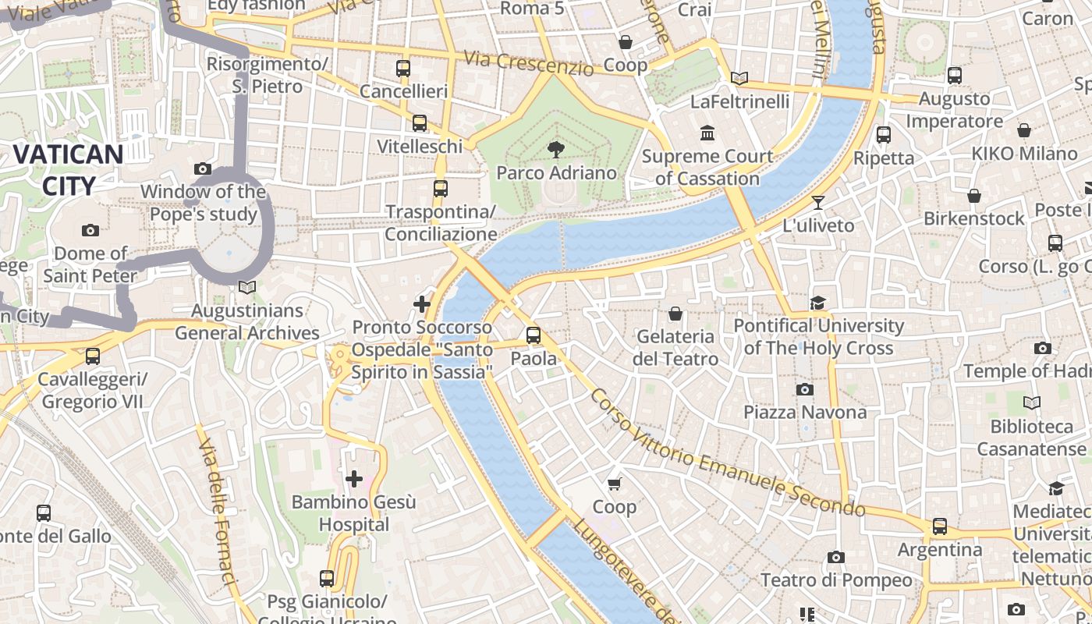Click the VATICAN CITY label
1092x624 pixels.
(x=68, y=170)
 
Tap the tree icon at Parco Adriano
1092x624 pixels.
(x=555, y=149)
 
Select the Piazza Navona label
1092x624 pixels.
(x=804, y=412)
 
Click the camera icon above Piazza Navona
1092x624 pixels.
(x=804, y=389)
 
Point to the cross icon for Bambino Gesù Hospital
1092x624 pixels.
(x=354, y=478)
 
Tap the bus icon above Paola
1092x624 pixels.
(x=534, y=335)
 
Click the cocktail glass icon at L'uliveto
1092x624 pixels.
(x=817, y=203)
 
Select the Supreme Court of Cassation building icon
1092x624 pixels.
(x=707, y=133)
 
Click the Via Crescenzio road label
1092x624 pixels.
(x=528, y=62)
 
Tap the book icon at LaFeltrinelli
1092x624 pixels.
(x=739, y=78)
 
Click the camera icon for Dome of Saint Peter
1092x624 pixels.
(x=90, y=230)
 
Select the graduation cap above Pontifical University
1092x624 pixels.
(x=817, y=303)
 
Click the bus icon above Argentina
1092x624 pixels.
(x=939, y=526)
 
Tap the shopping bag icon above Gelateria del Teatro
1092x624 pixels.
(x=675, y=314)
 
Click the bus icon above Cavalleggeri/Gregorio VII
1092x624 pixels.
(x=93, y=356)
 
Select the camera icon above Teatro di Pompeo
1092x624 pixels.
(x=835, y=557)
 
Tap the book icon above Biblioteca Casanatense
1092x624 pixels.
(x=1031, y=403)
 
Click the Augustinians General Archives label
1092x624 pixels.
(x=247, y=322)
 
